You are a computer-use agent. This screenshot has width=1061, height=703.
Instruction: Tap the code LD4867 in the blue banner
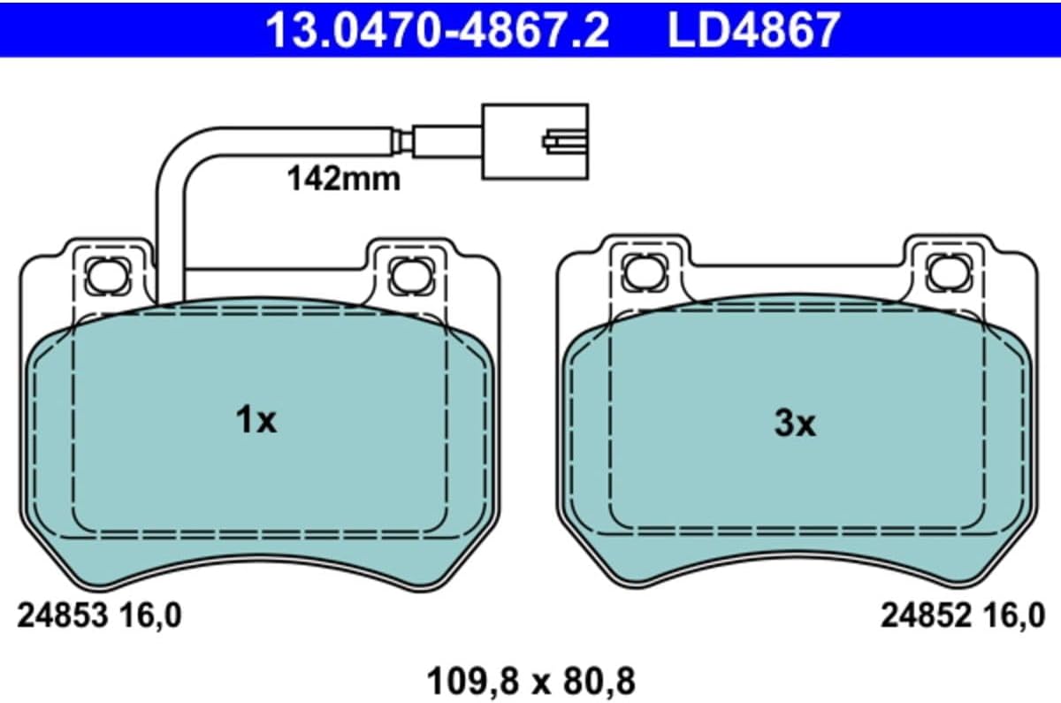[753, 30]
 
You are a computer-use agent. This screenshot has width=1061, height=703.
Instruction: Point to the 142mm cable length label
[344, 179]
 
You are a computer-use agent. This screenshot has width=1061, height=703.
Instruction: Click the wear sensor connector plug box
[535, 141]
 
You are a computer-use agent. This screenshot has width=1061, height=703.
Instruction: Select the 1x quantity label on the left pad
[256, 420]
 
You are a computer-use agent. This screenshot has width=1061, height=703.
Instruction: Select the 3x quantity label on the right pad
[795, 424]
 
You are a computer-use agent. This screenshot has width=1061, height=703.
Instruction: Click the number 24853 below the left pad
[63, 615]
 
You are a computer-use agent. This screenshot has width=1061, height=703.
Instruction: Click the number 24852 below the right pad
[926, 615]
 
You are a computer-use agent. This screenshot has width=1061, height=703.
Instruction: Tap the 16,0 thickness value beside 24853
[149, 616]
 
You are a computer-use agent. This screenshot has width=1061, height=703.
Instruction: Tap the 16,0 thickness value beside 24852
[1013, 616]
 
